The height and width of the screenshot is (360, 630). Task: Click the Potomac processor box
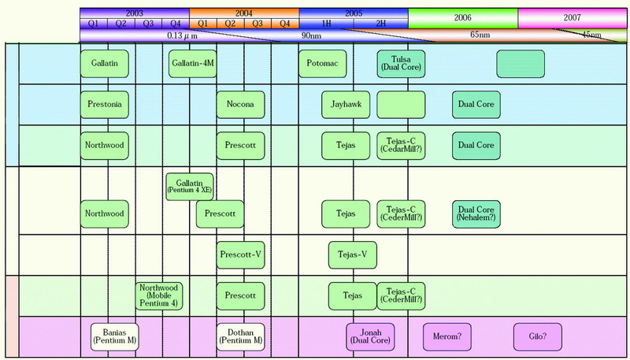tap(322, 64)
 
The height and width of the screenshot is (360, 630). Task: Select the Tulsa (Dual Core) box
tap(401, 64)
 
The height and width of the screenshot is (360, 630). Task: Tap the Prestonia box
tap(105, 105)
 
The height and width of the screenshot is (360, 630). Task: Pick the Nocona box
tap(241, 105)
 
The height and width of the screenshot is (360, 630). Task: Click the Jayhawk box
tap(346, 105)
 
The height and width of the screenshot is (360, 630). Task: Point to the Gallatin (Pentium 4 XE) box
tap(190, 187)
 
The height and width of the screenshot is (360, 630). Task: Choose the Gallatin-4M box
tap(192, 64)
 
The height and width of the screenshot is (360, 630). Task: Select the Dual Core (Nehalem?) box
tap(476, 214)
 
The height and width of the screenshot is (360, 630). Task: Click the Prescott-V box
tap(241, 255)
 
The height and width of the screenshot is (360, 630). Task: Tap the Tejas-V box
tap(352, 255)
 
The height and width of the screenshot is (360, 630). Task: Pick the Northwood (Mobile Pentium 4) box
tap(159, 296)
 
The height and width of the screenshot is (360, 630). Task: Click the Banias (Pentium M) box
tap(114, 337)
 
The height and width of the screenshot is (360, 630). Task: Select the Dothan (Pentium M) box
tap(241, 337)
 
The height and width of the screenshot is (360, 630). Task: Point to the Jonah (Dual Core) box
tap(370, 337)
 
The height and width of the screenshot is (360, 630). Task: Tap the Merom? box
tap(447, 337)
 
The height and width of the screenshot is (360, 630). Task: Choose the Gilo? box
tap(538, 337)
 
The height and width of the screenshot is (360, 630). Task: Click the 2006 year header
tap(463, 18)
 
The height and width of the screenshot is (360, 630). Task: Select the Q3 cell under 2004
tap(258, 24)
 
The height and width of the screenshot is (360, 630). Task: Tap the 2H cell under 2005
tap(381, 24)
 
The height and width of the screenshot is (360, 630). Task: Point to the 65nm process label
tap(480, 35)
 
